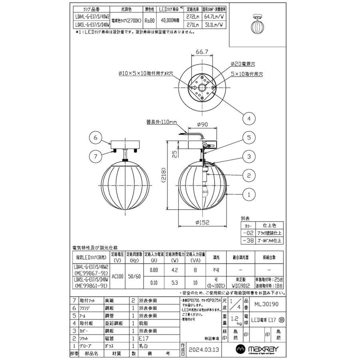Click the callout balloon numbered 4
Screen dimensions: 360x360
tap(249, 118)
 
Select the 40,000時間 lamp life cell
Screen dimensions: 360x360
tap(169, 21)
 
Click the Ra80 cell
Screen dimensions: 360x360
tap(150, 21)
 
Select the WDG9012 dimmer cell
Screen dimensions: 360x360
tap(240, 286)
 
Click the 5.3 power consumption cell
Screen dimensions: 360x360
tap(175, 283)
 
